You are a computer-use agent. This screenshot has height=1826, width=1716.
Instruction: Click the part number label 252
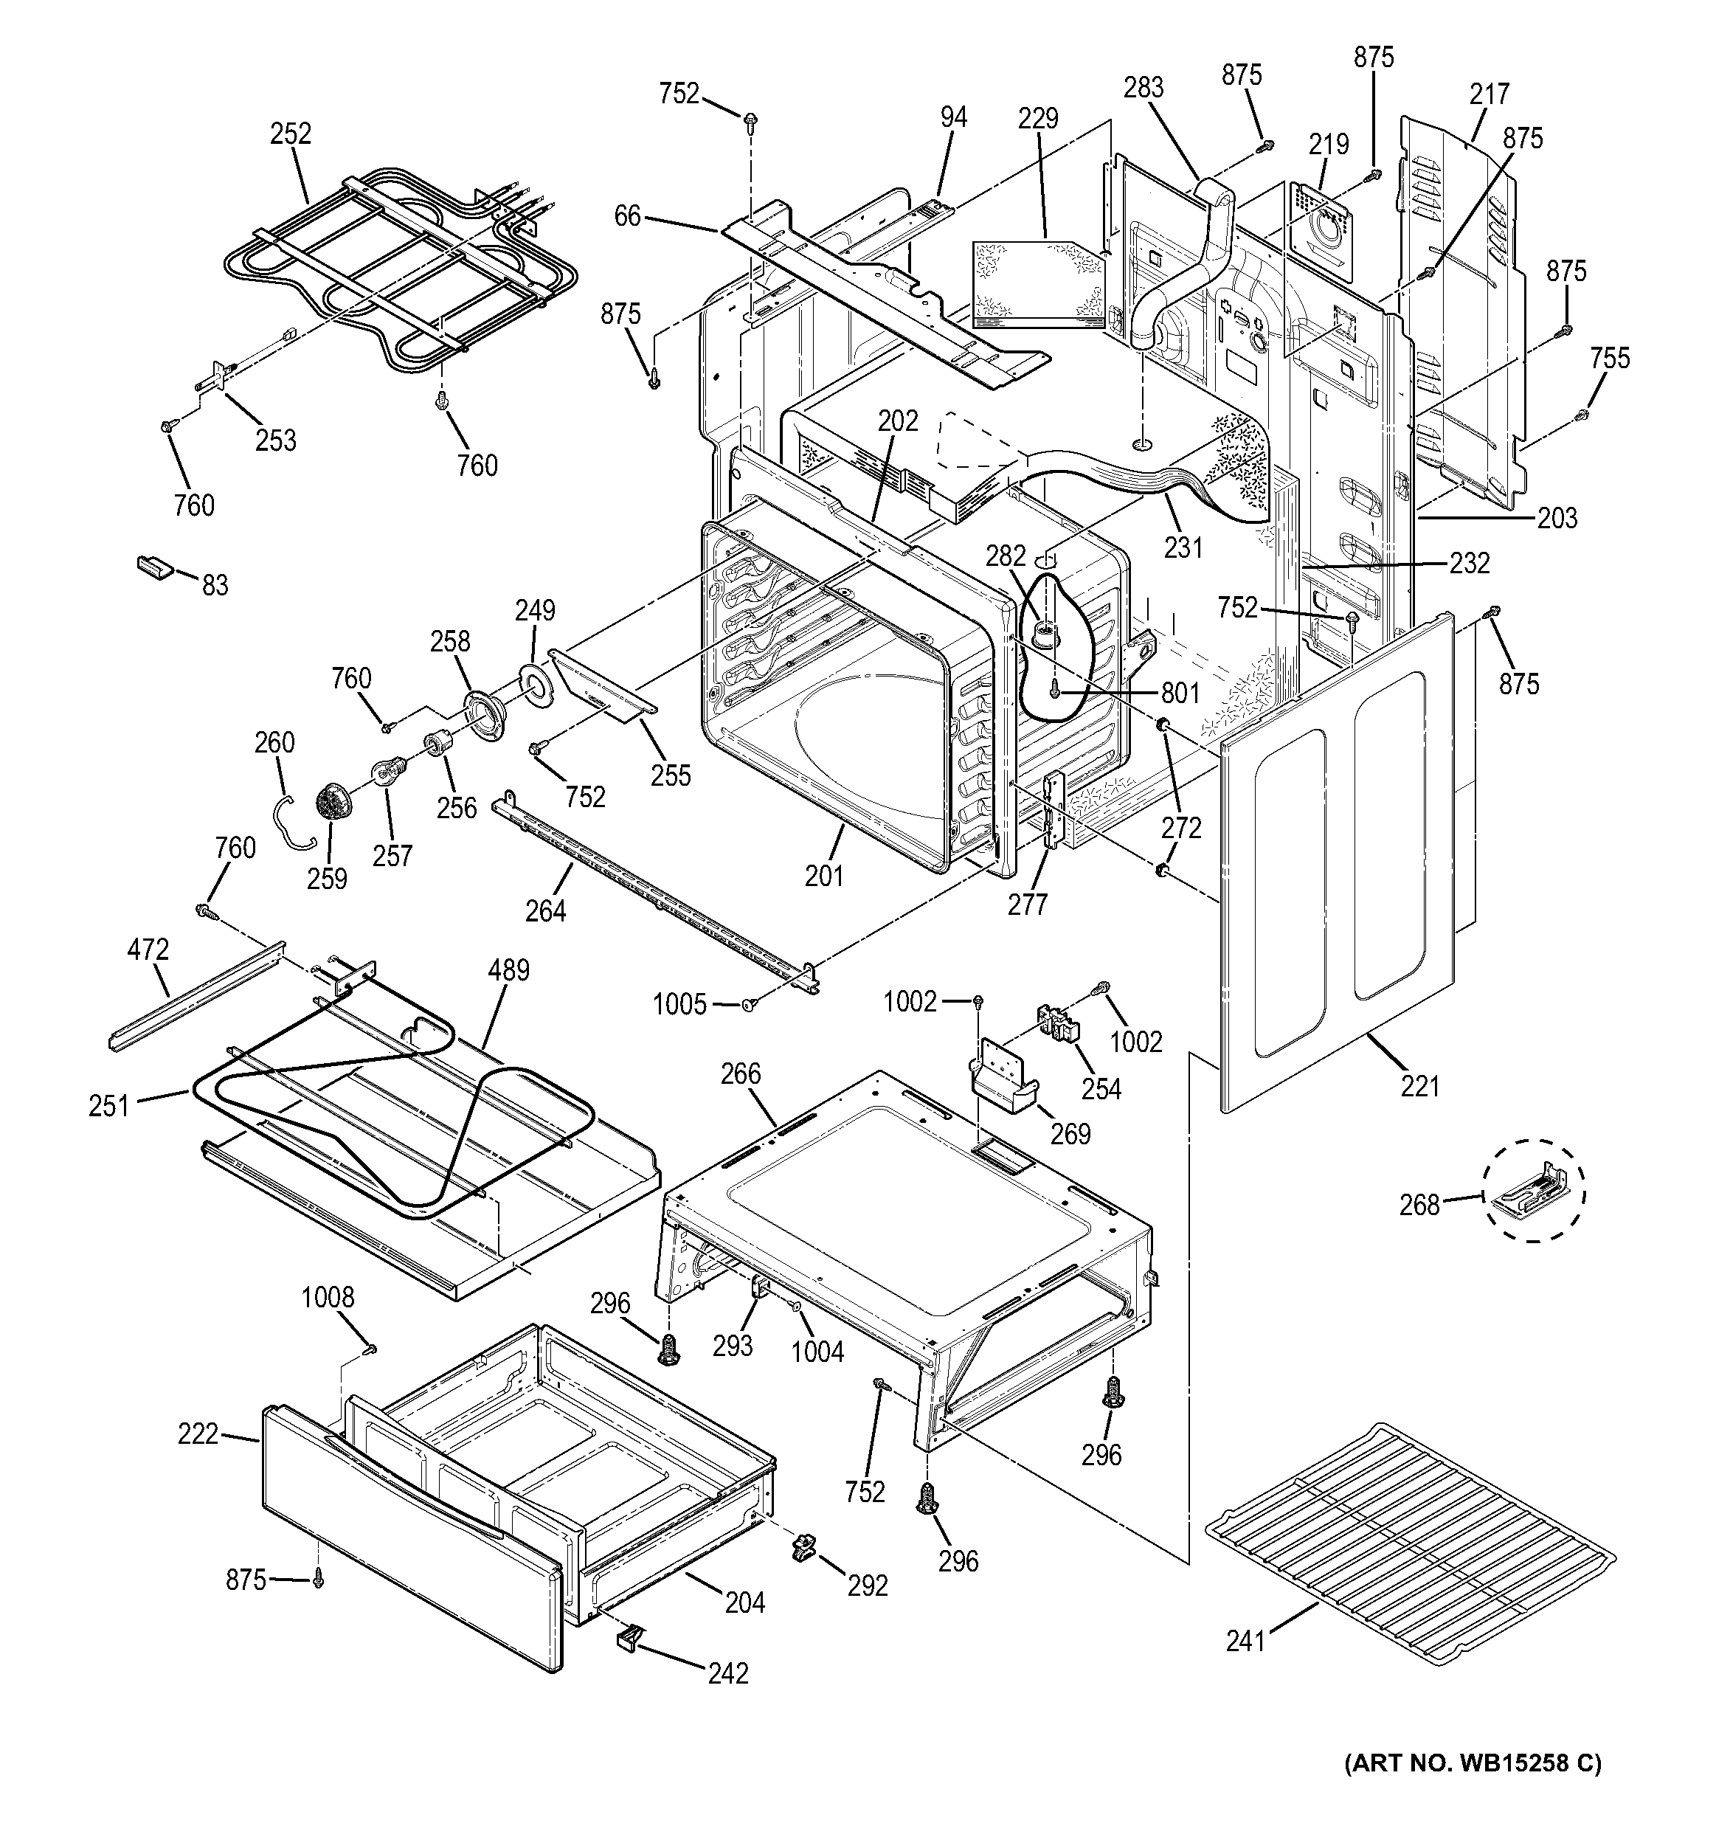pos(290,134)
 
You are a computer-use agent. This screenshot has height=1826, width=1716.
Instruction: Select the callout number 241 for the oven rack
pos(1245,1641)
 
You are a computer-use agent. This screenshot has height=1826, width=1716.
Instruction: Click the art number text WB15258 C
pos(1473,1763)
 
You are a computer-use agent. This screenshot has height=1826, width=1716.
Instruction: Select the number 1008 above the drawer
pos(328,1297)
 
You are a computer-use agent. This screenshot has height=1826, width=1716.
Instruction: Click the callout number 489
pos(509,970)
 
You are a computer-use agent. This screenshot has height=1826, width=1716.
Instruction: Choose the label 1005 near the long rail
pos(679,1004)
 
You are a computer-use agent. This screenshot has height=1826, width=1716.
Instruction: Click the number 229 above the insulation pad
pos(1038,119)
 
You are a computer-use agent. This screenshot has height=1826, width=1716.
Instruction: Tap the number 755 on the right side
pos(1611,359)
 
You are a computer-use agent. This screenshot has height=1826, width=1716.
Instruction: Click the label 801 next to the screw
pos(1180,693)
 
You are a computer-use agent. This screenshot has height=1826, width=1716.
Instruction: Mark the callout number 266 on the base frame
pos(741,1073)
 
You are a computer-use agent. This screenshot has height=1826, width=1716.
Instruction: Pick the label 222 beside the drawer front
pos(198,1433)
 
